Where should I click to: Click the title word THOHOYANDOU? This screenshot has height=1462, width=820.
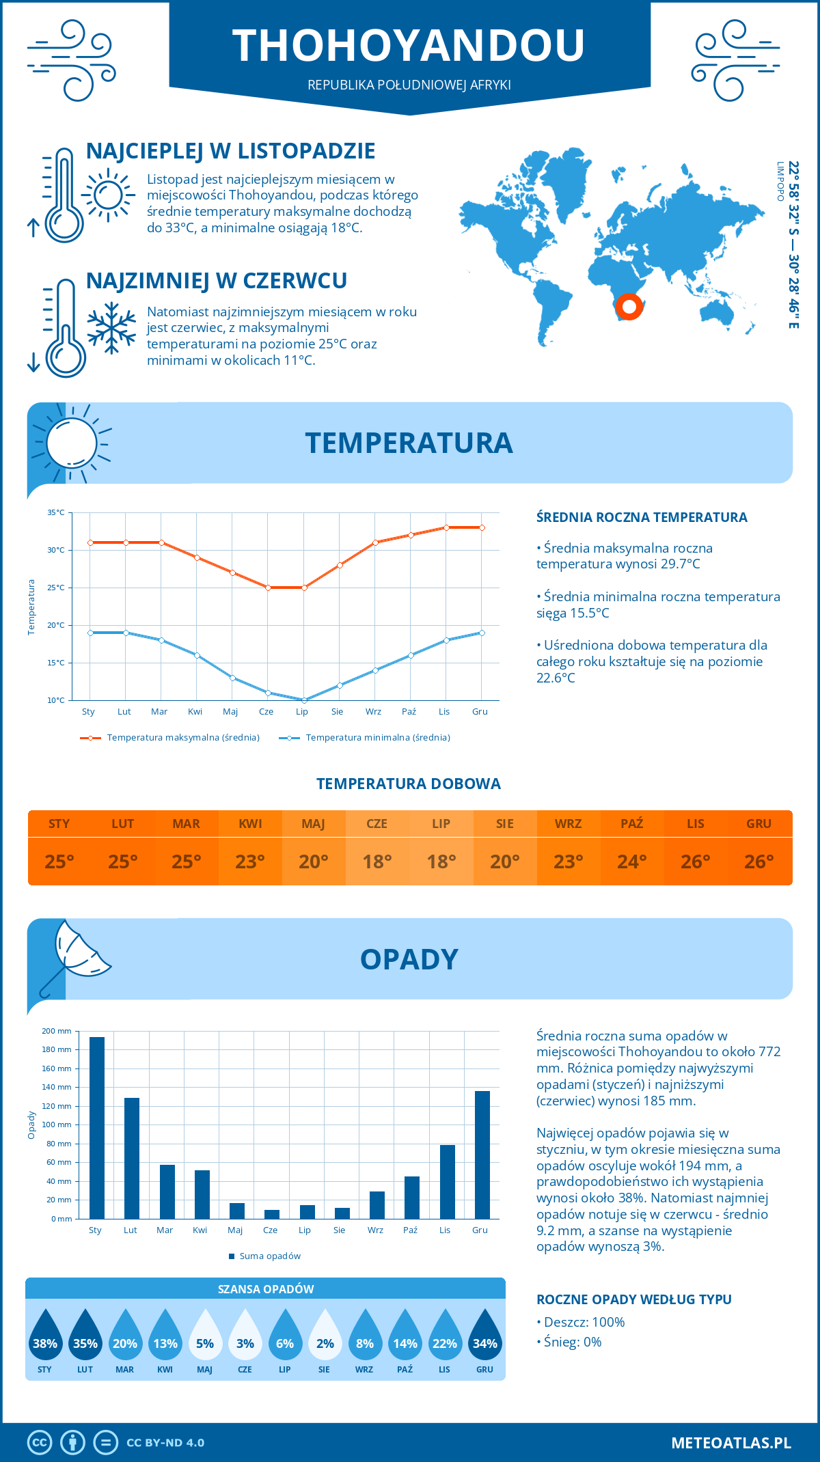coord(409,46)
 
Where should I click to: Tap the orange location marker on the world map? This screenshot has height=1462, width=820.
coord(629,306)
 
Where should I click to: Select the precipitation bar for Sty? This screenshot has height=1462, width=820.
coord(97,1127)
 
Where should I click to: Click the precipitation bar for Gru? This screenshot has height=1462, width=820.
coord(482,1155)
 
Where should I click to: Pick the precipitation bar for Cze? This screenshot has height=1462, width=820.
coord(272,1214)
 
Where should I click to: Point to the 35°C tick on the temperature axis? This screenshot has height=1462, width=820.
coord(56,512)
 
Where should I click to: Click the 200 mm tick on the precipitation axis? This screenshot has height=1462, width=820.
coord(57,1031)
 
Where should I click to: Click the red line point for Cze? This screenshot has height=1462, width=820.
coord(268,588)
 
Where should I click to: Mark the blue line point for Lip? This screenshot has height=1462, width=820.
coord(304,700)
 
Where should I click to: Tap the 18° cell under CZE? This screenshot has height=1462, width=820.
coord(377,861)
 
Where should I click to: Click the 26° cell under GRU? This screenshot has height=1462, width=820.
coord(758,861)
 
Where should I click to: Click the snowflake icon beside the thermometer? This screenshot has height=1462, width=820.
coord(111,329)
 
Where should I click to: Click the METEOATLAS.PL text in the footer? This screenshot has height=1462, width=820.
coord(730,1443)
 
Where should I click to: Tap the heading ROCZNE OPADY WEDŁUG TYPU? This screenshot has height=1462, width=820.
coord(633,1299)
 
